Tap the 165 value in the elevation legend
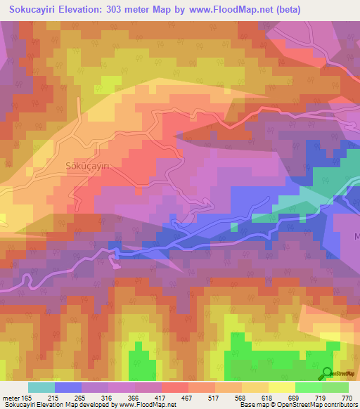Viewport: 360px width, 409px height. [x=27, y=398]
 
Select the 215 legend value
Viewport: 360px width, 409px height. [x=54, y=398]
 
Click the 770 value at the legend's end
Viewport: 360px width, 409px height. [x=346, y=398]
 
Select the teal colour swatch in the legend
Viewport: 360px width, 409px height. [x=41, y=387]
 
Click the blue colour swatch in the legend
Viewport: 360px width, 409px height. [x=68, y=387]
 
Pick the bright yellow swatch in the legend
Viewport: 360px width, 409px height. [x=282, y=387]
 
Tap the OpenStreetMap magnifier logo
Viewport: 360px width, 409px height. [x=327, y=373]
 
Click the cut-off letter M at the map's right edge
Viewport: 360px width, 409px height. [x=356, y=236]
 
